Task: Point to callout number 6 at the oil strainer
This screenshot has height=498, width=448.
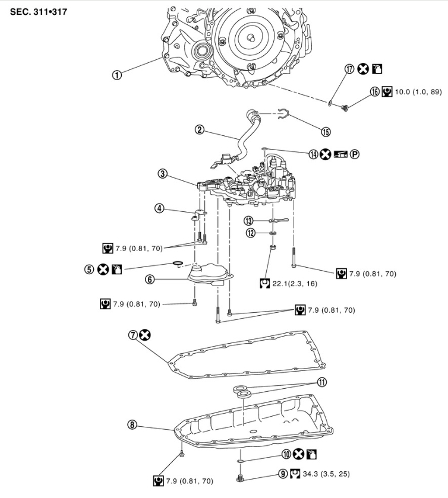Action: click(151, 278)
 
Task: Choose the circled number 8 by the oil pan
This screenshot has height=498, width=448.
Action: click(132, 424)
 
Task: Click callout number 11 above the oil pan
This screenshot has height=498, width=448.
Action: click(321, 382)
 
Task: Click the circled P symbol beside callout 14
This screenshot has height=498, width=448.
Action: click(355, 154)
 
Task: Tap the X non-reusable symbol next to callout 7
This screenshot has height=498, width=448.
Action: click(144, 335)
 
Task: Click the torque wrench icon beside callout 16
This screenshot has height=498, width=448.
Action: click(387, 92)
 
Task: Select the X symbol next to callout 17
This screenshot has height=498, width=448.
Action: click(362, 69)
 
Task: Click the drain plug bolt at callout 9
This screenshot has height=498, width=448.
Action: click(240, 477)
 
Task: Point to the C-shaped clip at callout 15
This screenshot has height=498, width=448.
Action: click(283, 115)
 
